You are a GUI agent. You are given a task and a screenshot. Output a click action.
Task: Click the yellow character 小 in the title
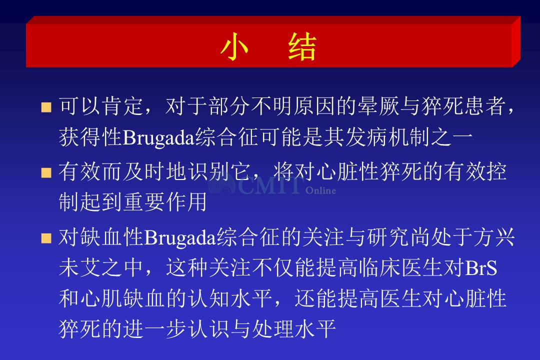pyautogui.click(x=234, y=47)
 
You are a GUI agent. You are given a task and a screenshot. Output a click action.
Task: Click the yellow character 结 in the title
pyautogui.click(x=302, y=47)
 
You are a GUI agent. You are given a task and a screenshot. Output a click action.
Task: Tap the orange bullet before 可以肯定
pyautogui.click(x=46, y=107)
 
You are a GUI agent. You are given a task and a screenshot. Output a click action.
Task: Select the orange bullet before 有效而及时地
pyautogui.click(x=46, y=172)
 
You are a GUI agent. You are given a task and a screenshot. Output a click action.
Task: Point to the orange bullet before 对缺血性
pyautogui.click(x=46, y=238)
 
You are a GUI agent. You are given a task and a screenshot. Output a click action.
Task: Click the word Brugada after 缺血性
pyautogui.click(x=180, y=238)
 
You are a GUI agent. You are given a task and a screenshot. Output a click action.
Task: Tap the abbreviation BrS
pyautogui.click(x=481, y=267)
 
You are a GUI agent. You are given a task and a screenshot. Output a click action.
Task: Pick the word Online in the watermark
pyautogui.click(x=320, y=190)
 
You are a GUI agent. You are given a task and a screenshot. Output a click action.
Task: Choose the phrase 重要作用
pyautogui.click(x=165, y=202)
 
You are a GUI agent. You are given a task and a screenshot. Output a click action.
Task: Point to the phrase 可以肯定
pyautogui.click(x=101, y=106)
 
